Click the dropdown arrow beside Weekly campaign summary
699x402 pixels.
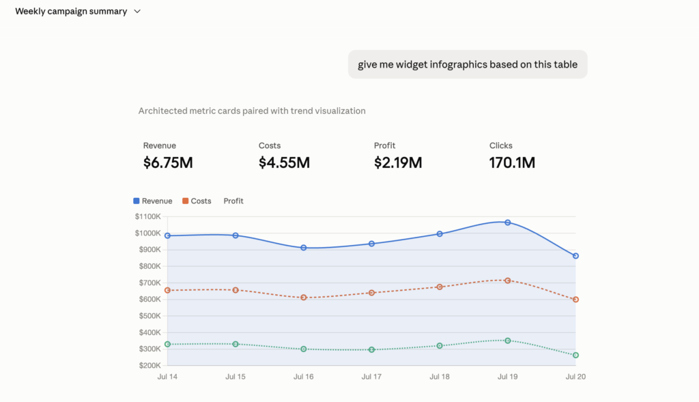137,12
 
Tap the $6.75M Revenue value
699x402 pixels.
168,162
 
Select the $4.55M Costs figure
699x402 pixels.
284,162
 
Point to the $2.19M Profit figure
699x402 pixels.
398,162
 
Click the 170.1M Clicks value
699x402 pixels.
512,162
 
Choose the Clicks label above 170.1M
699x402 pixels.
500,145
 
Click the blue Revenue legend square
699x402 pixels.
137,201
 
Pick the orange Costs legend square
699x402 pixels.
186,201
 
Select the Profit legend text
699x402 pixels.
233,201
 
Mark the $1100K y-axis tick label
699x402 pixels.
147,216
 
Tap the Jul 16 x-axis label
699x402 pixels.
304,377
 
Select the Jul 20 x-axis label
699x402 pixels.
575,377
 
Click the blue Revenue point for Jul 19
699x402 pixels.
508,222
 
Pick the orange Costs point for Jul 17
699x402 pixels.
372,293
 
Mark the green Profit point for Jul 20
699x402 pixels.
575,355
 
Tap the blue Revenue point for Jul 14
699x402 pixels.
168,235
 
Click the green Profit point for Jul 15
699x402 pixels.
236,344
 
